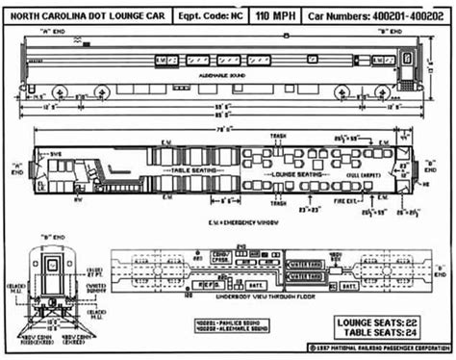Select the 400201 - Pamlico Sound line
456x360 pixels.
click(x=227, y=319)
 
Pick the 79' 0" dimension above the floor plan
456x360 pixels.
click(x=226, y=126)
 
